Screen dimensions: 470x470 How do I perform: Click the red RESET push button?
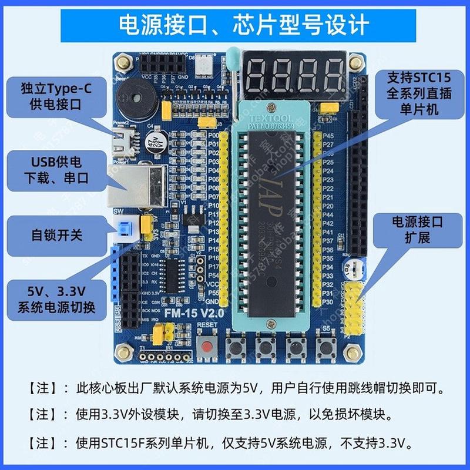click(206, 347)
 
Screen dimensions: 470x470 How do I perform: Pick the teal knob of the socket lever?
click(231, 56)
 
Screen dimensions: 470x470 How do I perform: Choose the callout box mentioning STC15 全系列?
click(415, 94)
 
